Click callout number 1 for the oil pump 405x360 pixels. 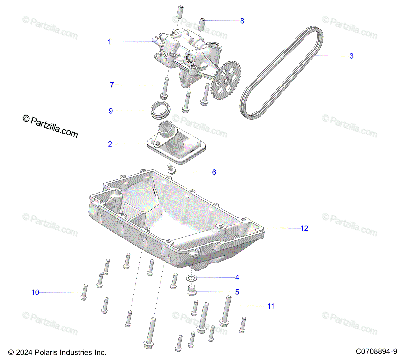[109, 42]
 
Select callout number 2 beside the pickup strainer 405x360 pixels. [110, 144]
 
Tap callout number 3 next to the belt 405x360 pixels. [351, 56]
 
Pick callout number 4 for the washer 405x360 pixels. [237, 277]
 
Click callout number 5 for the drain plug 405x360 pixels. [237, 292]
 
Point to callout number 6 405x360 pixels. [214, 172]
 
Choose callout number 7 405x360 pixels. [112, 85]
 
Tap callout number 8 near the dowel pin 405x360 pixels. [242, 21]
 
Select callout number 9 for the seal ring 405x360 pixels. [111, 111]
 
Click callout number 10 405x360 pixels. [35, 292]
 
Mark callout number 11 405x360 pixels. [271, 306]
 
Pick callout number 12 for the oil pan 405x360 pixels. [304, 228]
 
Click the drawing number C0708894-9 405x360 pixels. [376, 352]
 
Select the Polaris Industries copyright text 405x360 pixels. [57, 352]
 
